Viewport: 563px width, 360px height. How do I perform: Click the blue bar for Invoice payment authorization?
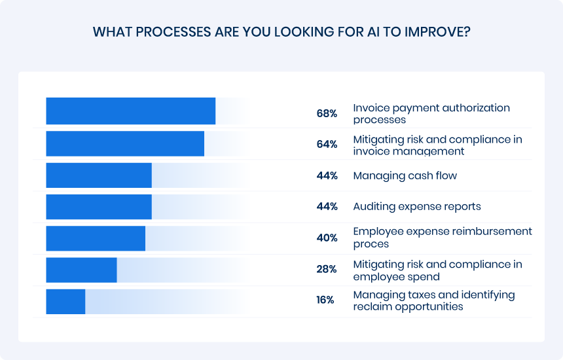[131, 111]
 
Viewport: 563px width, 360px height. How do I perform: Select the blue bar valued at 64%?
[125, 143]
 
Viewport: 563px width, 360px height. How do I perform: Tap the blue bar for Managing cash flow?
[99, 175]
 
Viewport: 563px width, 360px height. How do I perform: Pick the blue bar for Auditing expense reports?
[99, 207]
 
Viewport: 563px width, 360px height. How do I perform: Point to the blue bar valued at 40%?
[96, 238]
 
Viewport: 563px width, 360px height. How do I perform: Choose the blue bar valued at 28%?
[81, 270]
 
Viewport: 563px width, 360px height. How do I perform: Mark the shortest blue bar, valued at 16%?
[65, 300]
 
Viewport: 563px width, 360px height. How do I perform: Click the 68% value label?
[327, 114]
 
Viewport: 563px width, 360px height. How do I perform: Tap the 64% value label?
[327, 145]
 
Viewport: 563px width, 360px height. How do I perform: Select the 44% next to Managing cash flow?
[327, 176]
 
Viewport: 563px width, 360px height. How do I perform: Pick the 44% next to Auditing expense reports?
[327, 207]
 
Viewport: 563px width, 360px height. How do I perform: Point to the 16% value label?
[325, 300]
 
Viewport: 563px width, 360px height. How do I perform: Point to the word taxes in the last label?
[418, 295]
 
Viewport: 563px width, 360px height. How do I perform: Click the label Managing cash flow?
[405, 176]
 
